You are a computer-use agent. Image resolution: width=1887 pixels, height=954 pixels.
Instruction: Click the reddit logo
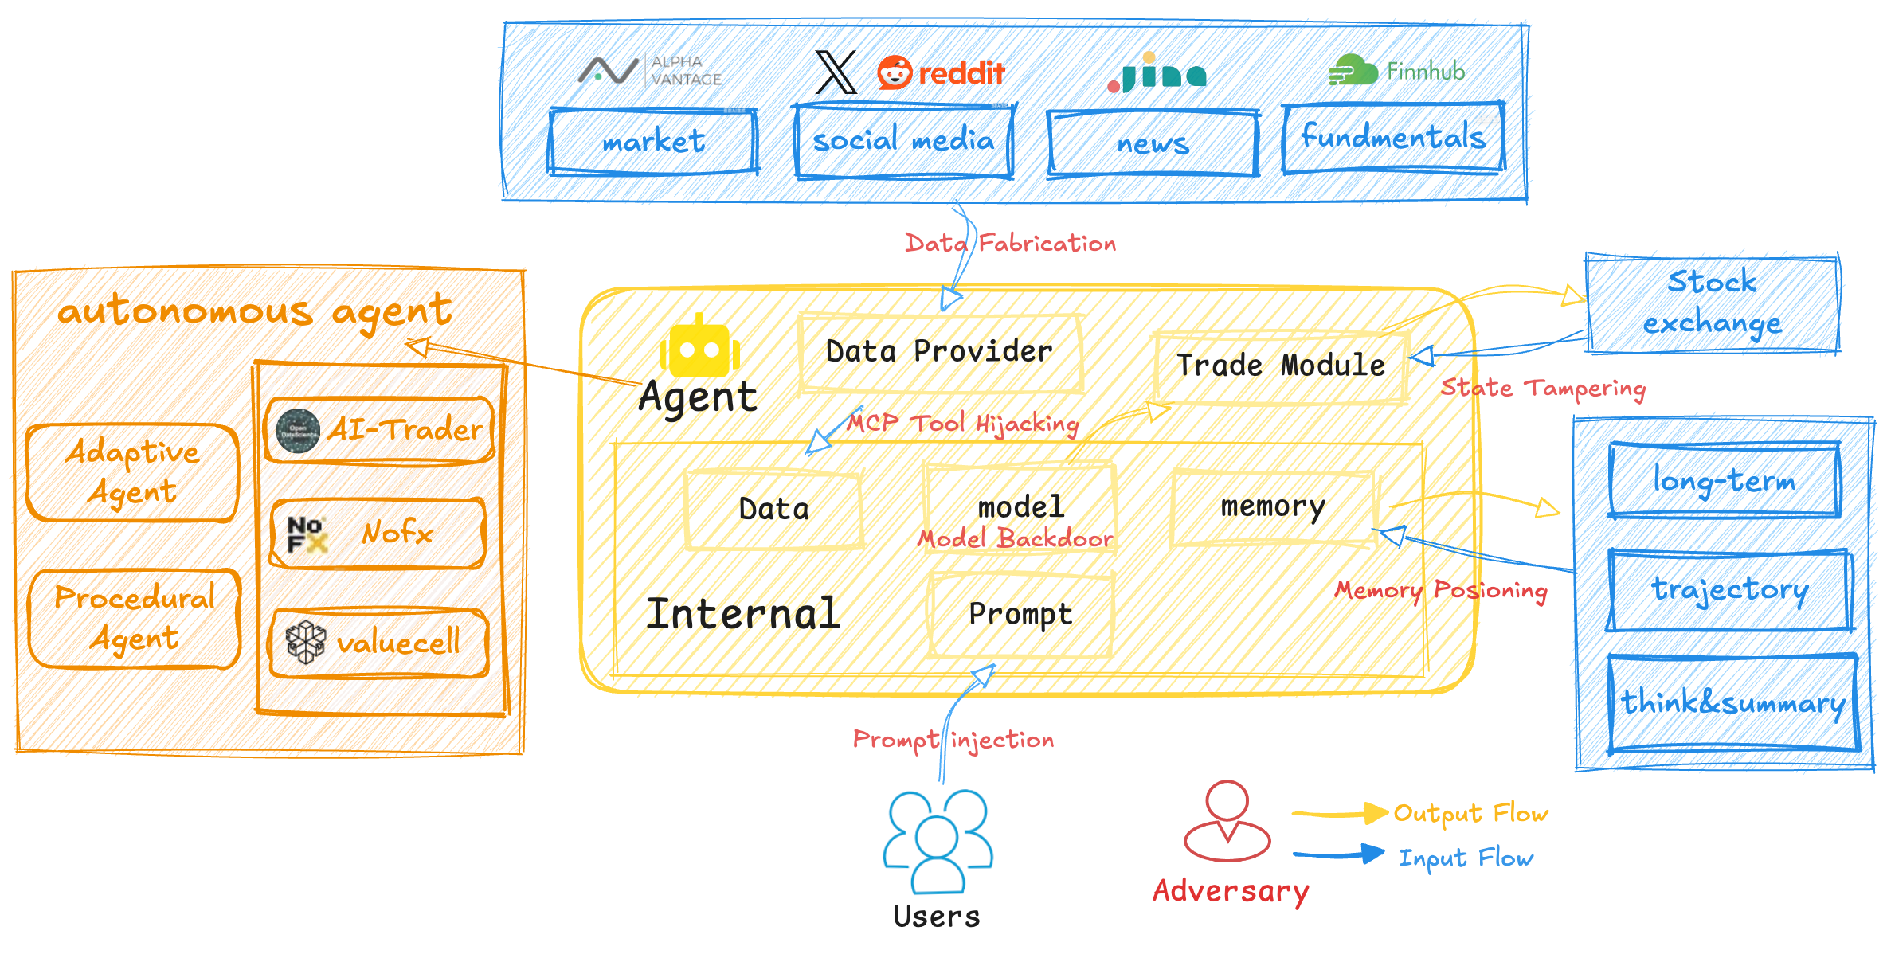click(x=941, y=73)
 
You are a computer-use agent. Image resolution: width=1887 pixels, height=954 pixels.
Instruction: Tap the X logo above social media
click(x=836, y=72)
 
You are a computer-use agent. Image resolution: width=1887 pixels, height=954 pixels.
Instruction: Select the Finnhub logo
click(x=1396, y=72)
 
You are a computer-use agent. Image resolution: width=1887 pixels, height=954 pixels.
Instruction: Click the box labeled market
click(x=653, y=142)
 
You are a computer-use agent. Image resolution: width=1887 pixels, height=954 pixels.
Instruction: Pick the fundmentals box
click(x=1393, y=137)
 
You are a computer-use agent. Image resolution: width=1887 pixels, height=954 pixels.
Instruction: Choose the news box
click(x=1153, y=143)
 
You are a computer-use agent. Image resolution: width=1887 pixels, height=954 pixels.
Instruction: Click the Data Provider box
click(x=940, y=352)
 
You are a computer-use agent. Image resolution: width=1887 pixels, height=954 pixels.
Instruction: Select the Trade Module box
click(x=1280, y=366)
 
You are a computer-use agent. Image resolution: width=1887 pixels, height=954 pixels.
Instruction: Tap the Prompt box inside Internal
click(x=1020, y=614)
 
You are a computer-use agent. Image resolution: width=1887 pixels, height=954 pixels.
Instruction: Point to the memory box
click(x=1273, y=507)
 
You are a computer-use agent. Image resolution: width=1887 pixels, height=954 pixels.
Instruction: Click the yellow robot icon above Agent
click(x=699, y=347)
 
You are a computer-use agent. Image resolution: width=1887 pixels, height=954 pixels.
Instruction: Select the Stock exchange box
click(x=1713, y=303)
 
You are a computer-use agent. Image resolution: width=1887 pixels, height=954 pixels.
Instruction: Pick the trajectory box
click(x=1729, y=590)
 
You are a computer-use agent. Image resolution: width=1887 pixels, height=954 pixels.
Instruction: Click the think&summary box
click(x=1733, y=703)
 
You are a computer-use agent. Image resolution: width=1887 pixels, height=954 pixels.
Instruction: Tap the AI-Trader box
click(x=379, y=430)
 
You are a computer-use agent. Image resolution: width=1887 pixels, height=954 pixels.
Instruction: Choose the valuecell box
click(x=379, y=643)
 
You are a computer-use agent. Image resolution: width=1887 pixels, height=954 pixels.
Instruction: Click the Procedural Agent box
click(x=135, y=618)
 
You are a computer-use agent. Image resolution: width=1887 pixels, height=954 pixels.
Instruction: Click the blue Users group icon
click(x=938, y=840)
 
